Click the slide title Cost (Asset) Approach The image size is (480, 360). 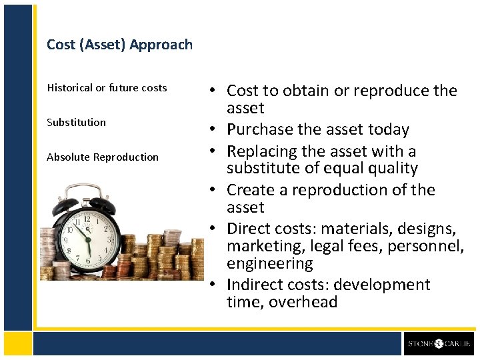pyautogui.click(x=119, y=45)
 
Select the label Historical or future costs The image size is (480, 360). pyautogui.click(x=107, y=88)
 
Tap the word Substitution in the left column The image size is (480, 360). pyautogui.click(x=76, y=123)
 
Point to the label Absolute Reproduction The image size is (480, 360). pyautogui.click(x=103, y=157)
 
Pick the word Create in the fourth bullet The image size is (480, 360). pyautogui.click(x=247, y=190)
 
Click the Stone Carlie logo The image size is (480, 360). pyautogui.click(x=439, y=344)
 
